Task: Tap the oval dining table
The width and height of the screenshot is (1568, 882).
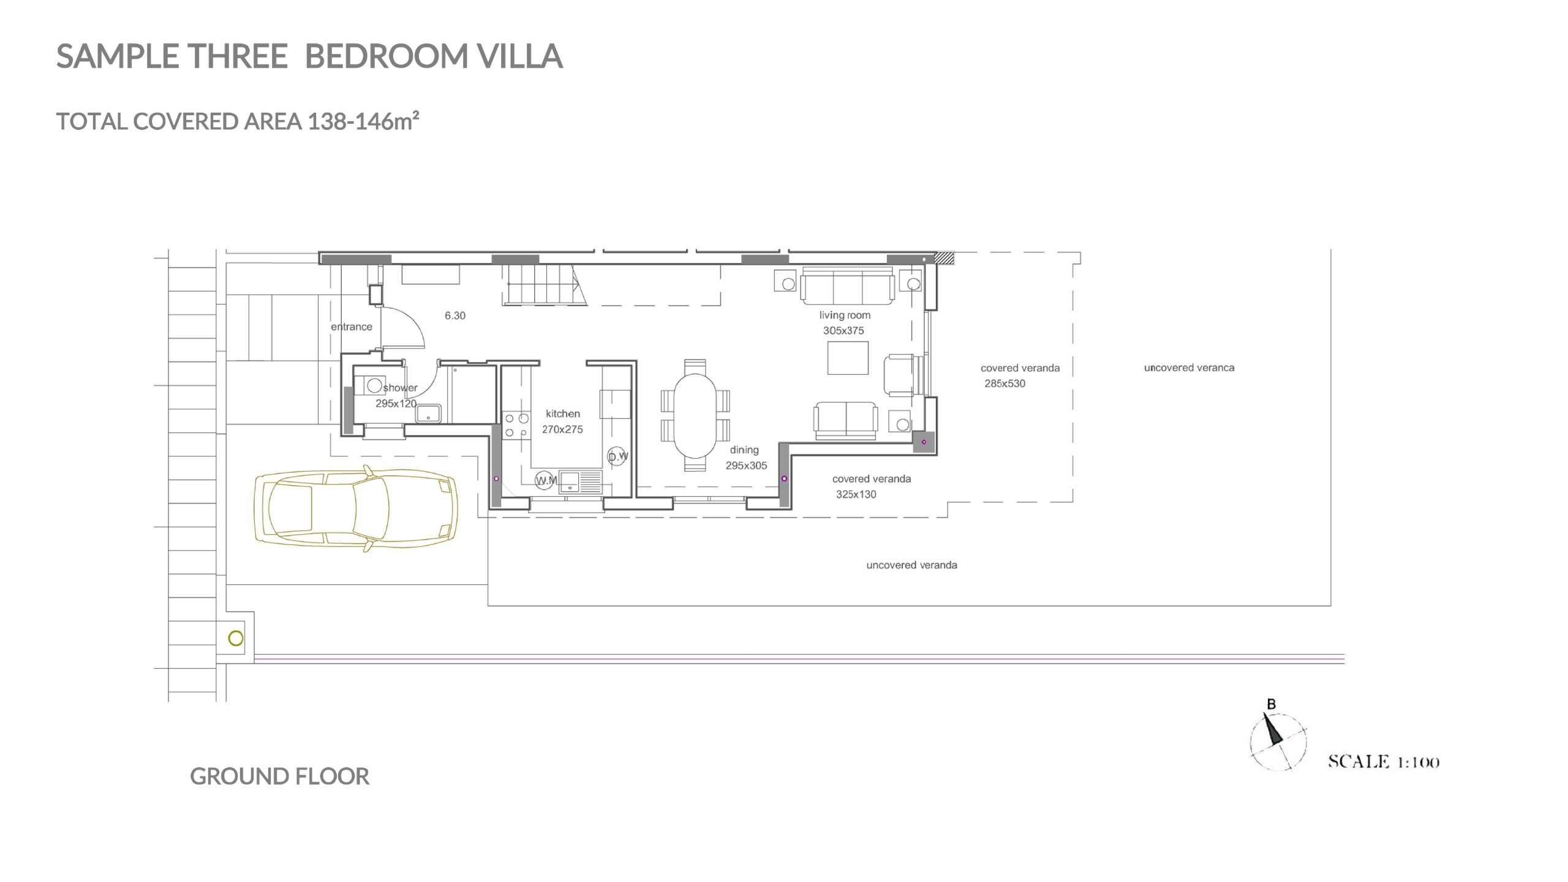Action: tap(695, 415)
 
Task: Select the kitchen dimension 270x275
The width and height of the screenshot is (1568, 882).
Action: tap(562, 429)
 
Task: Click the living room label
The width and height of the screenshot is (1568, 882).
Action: tap(845, 315)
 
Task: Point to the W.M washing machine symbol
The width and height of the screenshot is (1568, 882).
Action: tap(545, 480)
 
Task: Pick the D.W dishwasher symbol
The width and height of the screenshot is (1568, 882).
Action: tap(617, 456)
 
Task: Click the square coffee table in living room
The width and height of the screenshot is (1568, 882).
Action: tap(848, 358)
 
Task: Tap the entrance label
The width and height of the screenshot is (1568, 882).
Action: tap(352, 327)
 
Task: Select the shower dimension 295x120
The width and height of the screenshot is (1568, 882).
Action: tap(396, 404)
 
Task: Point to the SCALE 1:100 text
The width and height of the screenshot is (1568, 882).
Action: tap(1383, 762)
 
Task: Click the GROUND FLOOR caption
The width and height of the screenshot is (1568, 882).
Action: tap(279, 777)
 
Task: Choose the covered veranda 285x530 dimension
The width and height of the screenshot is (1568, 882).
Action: tap(1005, 383)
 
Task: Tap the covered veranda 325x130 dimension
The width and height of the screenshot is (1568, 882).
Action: tap(856, 494)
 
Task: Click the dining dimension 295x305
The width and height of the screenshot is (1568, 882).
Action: tap(746, 466)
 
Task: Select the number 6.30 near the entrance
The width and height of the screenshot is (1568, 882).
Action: tap(455, 315)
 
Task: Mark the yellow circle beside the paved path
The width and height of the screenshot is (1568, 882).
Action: tap(236, 638)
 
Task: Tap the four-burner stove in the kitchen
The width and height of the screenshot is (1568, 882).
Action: tap(516, 425)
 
